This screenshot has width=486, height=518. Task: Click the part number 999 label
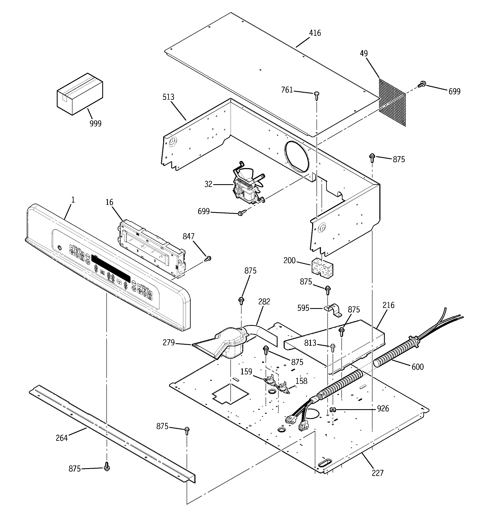point(96,123)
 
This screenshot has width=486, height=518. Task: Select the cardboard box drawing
point(80,94)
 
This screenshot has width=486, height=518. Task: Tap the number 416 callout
point(315,33)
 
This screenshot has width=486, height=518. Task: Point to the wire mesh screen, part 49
point(392,102)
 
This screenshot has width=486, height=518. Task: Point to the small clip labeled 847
point(208,258)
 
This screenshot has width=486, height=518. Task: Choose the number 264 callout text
point(62,438)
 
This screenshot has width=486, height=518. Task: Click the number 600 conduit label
point(417,367)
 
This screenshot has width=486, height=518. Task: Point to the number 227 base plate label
point(377,473)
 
